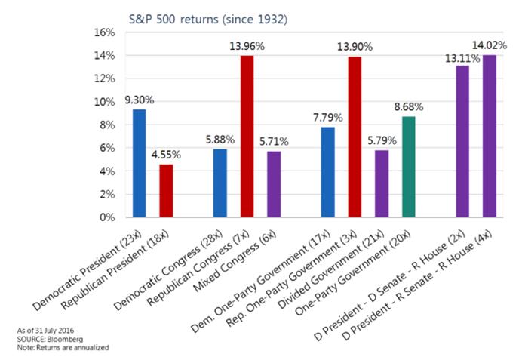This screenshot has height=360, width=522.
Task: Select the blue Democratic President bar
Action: (x=139, y=163)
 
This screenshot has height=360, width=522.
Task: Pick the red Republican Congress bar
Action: (x=246, y=137)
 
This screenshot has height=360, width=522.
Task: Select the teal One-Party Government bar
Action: (x=409, y=167)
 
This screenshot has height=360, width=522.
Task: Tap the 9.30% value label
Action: (x=138, y=100)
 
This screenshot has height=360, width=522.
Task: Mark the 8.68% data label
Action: (x=410, y=106)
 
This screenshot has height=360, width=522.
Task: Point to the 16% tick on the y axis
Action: (x=103, y=32)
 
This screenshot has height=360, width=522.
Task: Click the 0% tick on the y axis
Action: (x=106, y=217)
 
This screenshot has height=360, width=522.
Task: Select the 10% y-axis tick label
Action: (x=103, y=102)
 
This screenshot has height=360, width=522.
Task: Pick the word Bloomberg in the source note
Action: (x=60, y=339)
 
